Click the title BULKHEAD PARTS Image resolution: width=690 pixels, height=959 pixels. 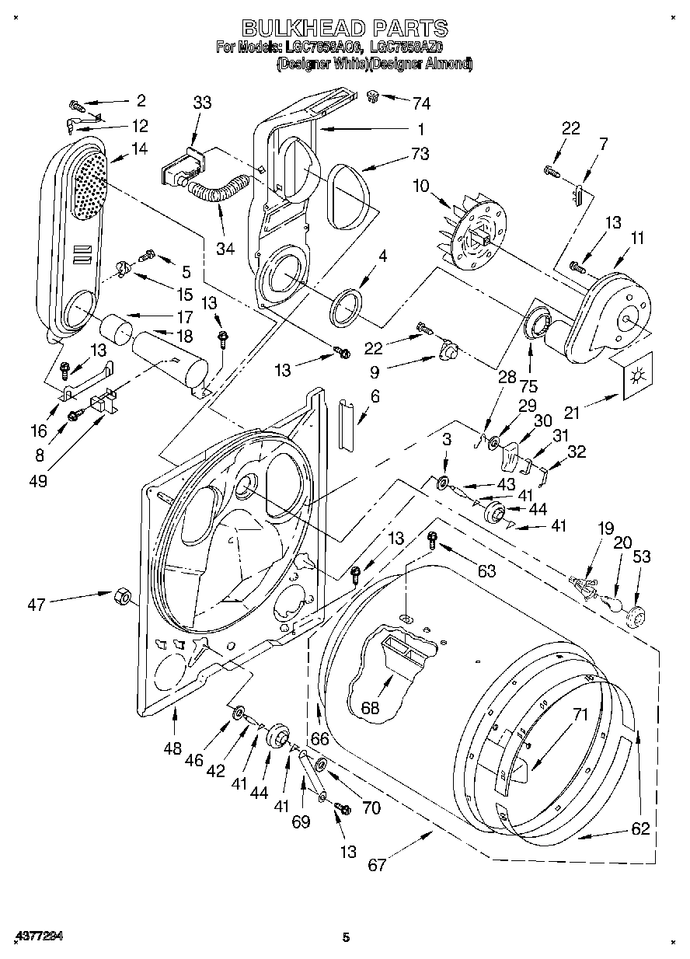point(345,29)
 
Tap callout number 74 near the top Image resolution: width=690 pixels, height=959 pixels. point(422,103)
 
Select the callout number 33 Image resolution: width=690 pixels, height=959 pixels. point(202,102)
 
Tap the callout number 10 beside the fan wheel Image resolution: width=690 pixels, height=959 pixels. point(442,187)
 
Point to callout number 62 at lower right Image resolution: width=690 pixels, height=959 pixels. point(639,828)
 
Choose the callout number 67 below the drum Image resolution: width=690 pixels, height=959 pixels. point(377,865)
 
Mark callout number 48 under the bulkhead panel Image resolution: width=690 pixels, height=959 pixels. point(172,748)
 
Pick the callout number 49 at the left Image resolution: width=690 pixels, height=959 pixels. point(37,481)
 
